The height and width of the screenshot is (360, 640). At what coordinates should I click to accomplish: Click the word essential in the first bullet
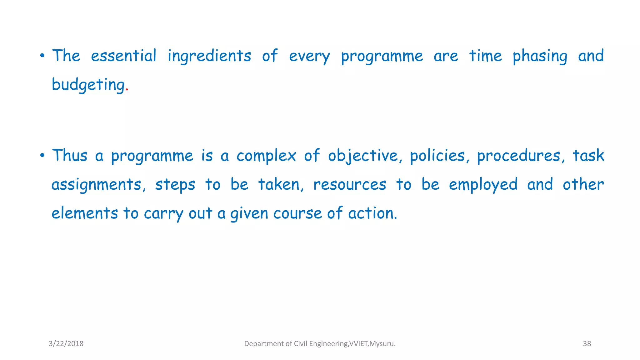coord(123,56)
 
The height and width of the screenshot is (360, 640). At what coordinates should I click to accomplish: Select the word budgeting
coord(88,85)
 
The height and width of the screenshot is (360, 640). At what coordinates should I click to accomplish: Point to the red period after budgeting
coord(127,90)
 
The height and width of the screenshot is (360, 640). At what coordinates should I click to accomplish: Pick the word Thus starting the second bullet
coord(70,155)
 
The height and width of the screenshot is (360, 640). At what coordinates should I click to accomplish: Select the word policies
coord(437,156)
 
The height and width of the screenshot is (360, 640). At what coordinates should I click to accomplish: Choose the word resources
coord(350,185)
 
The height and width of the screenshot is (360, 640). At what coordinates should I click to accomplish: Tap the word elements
coord(85,213)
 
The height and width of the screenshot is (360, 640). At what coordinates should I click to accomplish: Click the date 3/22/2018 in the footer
coord(66,344)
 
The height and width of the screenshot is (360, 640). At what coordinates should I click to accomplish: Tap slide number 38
coord(587,344)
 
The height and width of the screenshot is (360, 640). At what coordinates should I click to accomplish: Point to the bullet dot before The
coord(42,57)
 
